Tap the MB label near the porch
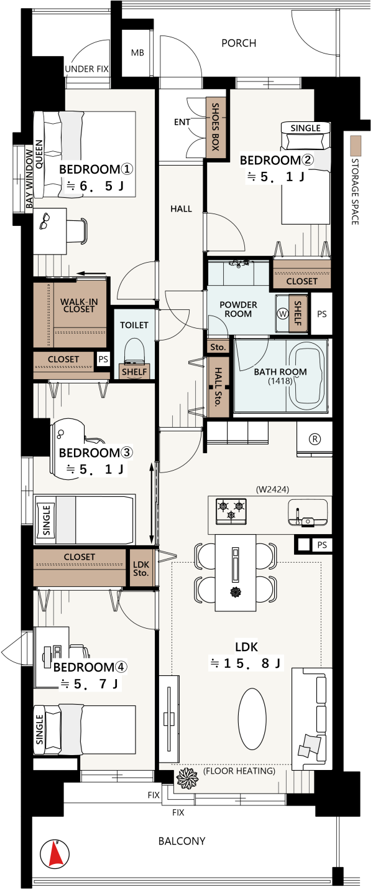click(x=137, y=52)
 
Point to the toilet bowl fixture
click(x=134, y=350)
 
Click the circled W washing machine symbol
click(x=282, y=314)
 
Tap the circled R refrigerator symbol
click(x=315, y=439)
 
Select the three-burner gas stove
click(x=231, y=510)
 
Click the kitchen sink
click(x=307, y=514)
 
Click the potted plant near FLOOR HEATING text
click(x=187, y=777)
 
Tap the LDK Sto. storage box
click(x=141, y=568)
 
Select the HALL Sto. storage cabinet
click(x=218, y=387)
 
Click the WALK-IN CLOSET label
click(x=79, y=306)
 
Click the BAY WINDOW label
click(x=29, y=179)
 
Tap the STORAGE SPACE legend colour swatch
click(x=356, y=146)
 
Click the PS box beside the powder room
click(x=321, y=314)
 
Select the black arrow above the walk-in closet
click(x=91, y=273)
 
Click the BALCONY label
click(x=182, y=841)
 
